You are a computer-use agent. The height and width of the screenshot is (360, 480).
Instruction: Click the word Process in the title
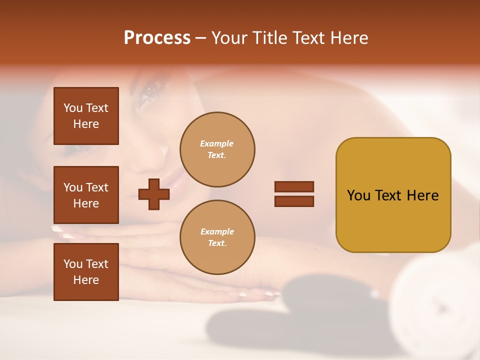(157, 38)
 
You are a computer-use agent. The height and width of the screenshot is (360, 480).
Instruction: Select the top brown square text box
(86, 116)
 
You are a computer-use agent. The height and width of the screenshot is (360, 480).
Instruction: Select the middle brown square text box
(86, 195)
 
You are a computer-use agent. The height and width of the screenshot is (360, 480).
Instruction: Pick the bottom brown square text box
(86, 271)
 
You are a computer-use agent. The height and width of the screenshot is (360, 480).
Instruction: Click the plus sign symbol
(154, 194)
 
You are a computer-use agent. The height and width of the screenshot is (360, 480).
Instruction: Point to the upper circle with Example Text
(217, 149)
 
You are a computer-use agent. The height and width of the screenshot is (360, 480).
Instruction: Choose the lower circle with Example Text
(217, 237)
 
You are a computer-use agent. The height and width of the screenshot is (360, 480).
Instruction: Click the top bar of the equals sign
(294, 186)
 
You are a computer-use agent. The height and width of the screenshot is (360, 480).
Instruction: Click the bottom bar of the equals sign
(294, 201)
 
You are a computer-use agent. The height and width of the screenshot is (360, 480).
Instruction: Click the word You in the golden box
(358, 195)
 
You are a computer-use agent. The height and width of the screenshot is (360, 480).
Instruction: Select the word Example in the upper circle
(217, 143)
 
